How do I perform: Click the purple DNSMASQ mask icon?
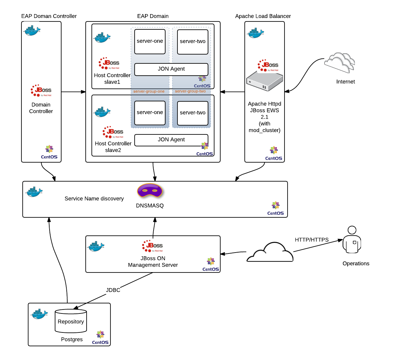150,191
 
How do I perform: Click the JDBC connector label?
113,290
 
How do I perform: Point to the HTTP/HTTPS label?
312,240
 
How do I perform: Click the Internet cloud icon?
340,62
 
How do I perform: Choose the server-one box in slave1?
150,41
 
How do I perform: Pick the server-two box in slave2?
193,113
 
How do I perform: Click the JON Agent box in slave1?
171,69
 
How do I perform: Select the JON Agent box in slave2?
171,140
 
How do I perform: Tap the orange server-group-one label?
149,91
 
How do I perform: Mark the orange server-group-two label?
190,91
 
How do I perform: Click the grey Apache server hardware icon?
265,81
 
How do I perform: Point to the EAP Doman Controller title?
49,16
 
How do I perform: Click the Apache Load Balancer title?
263,16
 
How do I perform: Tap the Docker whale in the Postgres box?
39,314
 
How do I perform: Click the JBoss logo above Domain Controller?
41,90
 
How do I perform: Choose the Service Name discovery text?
94,199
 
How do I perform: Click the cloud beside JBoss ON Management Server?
270,253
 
